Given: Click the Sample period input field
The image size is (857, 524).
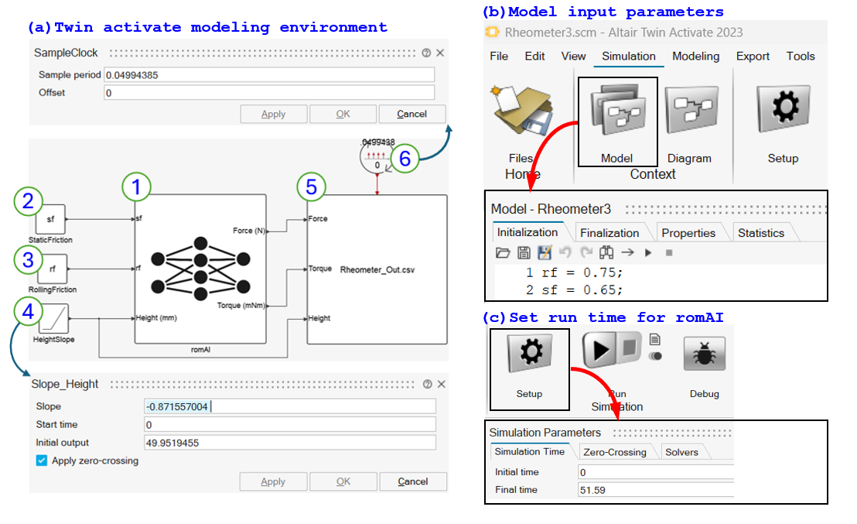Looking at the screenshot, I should (x=268, y=74).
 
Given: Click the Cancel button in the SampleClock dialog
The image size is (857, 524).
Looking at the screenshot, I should (x=411, y=114).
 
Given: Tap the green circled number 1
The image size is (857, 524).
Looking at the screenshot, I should (x=136, y=186).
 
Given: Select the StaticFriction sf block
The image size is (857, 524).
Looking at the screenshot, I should (x=51, y=219).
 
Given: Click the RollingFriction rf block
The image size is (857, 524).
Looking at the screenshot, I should (x=53, y=269).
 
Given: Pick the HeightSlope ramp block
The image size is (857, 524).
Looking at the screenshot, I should (x=53, y=317).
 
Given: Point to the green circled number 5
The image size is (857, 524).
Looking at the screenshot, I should (x=312, y=187).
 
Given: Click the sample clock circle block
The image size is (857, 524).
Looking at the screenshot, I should (x=377, y=159).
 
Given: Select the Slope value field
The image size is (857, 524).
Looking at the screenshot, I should (x=289, y=406).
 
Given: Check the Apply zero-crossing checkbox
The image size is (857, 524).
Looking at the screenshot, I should (x=42, y=461).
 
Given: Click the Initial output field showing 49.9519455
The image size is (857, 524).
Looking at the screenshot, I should (x=289, y=443).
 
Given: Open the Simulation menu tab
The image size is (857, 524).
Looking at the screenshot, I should (x=628, y=56).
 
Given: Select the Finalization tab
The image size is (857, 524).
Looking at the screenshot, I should (x=609, y=233).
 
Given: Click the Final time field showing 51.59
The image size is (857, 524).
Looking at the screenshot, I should (x=654, y=490).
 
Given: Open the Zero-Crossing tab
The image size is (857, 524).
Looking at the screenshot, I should (x=615, y=452).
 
